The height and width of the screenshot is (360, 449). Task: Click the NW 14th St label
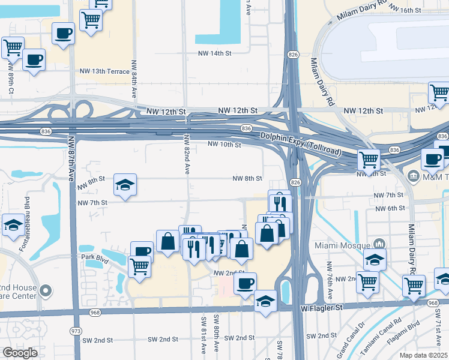(215, 53)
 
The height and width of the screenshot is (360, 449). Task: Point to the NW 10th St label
(224, 145)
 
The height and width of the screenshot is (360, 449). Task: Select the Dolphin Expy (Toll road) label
(300, 142)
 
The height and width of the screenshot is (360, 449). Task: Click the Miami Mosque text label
(345, 245)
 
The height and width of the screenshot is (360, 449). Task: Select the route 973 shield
(76, 331)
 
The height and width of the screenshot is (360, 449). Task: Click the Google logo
(20, 352)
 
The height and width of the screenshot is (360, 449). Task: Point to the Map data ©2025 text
(424, 355)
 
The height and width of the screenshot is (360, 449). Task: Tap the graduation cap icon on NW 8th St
(125, 185)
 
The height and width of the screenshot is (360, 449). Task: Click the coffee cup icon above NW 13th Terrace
(63, 33)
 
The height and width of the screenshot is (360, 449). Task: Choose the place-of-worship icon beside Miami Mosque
(379, 244)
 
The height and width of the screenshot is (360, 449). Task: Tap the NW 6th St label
(390, 208)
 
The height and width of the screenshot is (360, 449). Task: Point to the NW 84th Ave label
(134, 78)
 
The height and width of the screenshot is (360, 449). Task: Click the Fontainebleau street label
(26, 214)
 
